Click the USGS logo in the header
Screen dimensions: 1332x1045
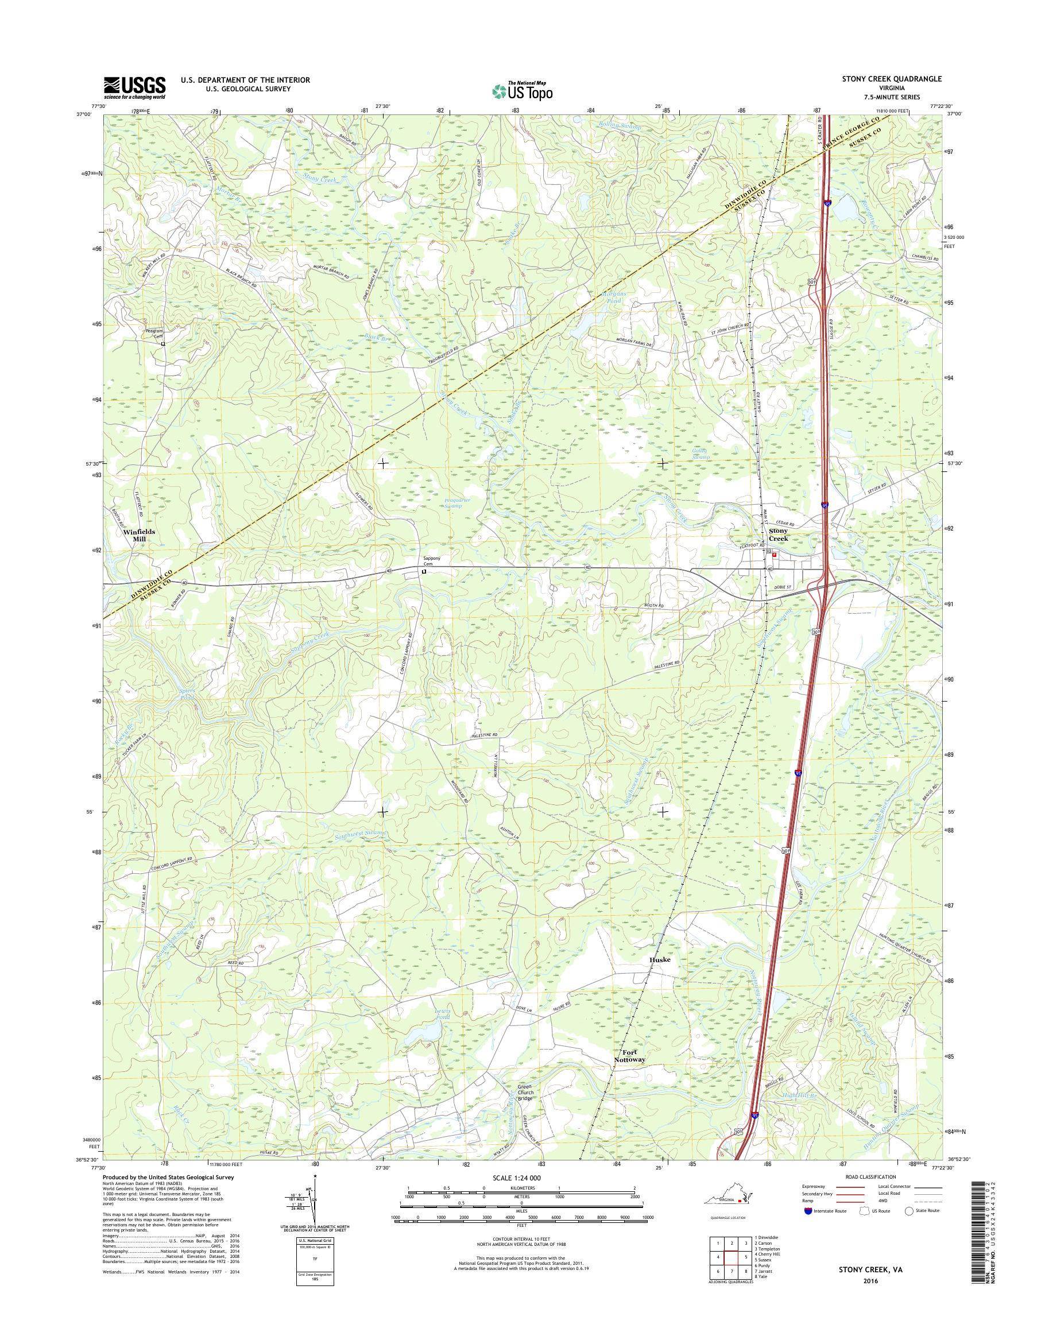134,87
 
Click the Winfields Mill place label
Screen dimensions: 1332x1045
139,535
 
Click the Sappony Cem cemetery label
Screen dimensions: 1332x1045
424,561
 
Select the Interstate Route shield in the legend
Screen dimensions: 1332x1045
808,1210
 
